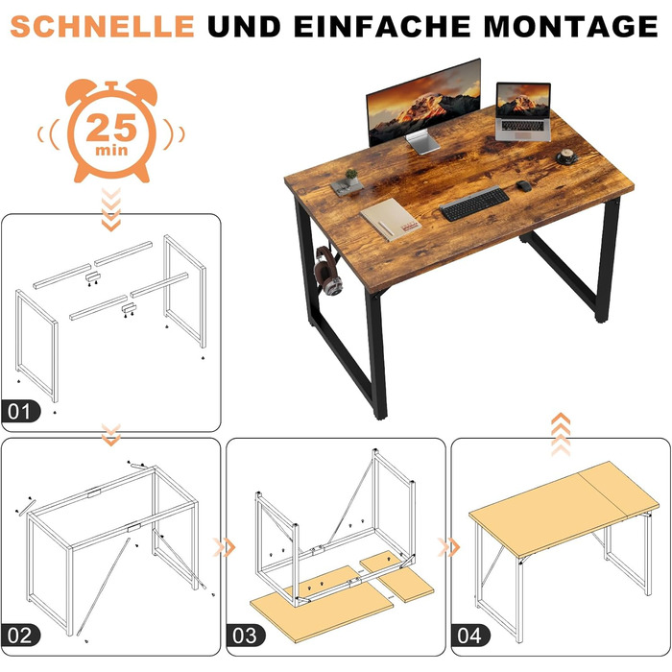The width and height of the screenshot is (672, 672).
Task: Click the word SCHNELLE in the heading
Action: [x=102, y=26]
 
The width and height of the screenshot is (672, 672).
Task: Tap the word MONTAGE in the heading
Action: [x=570, y=26]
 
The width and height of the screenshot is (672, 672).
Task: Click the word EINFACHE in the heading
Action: [x=383, y=26]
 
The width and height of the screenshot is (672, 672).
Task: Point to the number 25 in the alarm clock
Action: [x=111, y=128]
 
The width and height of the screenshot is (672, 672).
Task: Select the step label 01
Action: [x=20, y=412]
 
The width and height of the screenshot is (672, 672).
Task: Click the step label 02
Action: [x=20, y=636]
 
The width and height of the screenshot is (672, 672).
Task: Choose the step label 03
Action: [x=245, y=636]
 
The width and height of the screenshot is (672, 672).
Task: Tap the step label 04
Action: [x=469, y=636]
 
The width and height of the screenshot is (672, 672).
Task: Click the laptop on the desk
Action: [x=523, y=112]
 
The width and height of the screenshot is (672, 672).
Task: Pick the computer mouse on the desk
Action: [x=524, y=186]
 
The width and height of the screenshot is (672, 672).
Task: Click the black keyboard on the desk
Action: [x=474, y=204]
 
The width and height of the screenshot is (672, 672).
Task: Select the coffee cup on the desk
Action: [x=567, y=156]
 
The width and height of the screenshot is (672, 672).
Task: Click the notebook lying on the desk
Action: [x=391, y=220]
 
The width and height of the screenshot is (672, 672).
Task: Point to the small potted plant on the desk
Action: [x=351, y=177]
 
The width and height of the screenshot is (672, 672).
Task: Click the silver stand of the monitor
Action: [x=422, y=142]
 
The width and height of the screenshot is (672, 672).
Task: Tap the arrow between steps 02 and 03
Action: [x=225, y=547]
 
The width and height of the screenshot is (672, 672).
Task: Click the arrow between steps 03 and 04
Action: [x=448, y=547]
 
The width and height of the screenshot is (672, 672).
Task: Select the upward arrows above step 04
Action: [x=561, y=434]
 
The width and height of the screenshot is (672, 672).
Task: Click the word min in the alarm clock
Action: [x=111, y=150]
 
